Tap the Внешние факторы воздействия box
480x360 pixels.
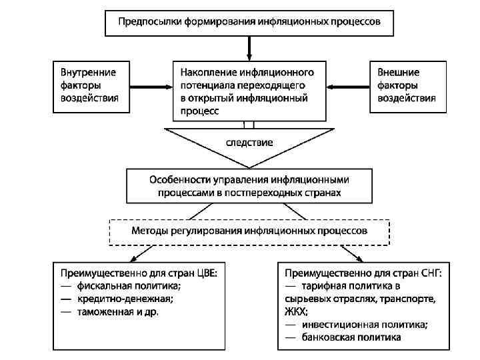407,85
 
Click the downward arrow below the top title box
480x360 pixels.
249,48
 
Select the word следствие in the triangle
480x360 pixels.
249,142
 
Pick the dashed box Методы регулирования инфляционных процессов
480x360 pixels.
249,231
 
